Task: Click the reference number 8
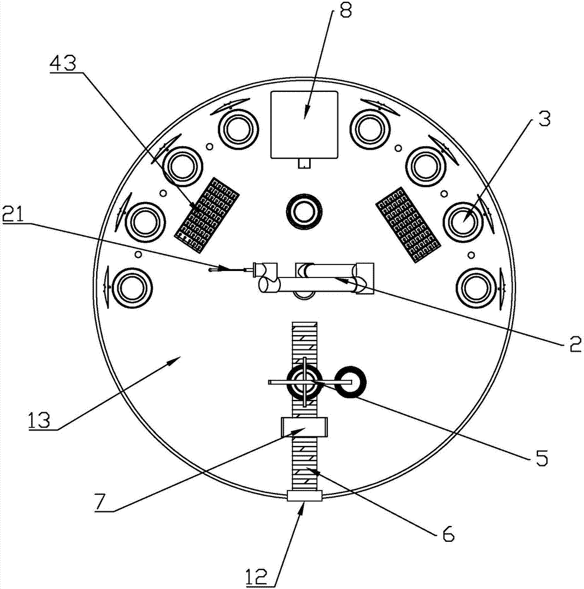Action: click(x=346, y=11)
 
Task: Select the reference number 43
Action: click(x=63, y=63)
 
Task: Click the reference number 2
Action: click(x=575, y=344)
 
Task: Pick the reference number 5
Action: click(x=542, y=458)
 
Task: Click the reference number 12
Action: click(x=257, y=577)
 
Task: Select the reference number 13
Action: click(x=40, y=421)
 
